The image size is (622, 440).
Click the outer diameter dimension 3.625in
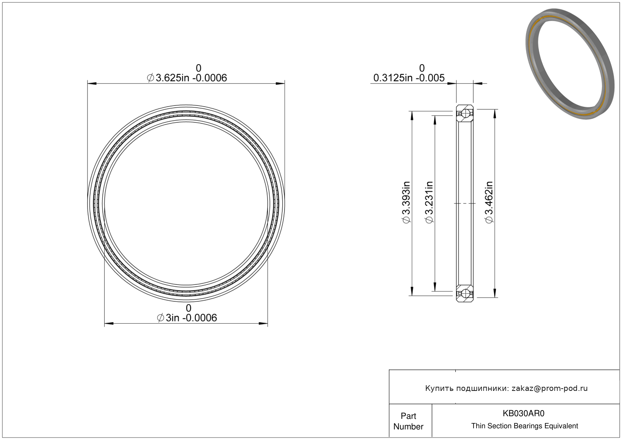187,78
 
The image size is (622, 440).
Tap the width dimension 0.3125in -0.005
409,78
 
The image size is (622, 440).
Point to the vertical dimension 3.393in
406,202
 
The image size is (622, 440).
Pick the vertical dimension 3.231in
429,202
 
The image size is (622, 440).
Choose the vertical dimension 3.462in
489,202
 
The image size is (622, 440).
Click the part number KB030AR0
523,413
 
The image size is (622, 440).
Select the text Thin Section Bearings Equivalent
525,426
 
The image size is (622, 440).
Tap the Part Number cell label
408,421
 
